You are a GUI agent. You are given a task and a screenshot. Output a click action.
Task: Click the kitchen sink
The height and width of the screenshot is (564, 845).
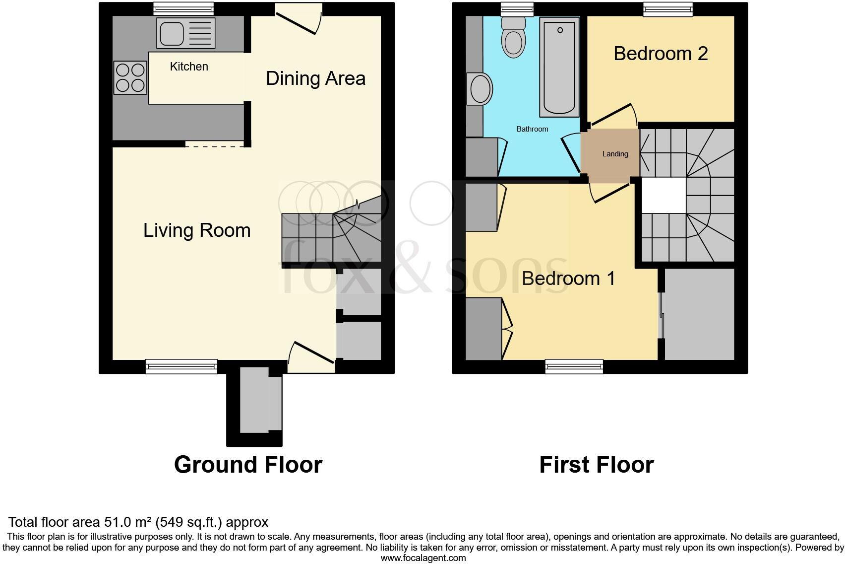[x=185, y=33]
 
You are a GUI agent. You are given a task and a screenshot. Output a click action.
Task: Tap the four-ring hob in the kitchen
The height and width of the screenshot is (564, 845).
[x=130, y=77]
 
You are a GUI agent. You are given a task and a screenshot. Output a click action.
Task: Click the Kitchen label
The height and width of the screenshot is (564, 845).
[x=189, y=67]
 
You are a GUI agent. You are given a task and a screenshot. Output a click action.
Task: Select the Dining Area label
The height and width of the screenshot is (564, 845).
[x=315, y=78]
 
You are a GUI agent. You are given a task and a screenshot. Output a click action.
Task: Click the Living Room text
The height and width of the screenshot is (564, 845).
[x=197, y=230]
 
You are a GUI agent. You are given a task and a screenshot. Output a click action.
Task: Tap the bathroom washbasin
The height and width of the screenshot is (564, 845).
[x=479, y=89]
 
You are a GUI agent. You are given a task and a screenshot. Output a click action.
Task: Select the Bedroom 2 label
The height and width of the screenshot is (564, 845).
[x=660, y=54]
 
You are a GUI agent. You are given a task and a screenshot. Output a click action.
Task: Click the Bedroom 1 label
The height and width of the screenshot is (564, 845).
[x=568, y=279]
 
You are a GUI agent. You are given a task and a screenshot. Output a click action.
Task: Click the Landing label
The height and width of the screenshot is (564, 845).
[x=615, y=154]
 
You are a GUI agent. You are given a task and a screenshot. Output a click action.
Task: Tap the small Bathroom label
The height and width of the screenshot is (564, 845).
[x=532, y=129]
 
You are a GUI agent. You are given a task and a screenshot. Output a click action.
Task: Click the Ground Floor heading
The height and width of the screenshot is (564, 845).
[x=248, y=465]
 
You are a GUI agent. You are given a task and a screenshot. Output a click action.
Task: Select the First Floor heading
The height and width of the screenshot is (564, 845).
[x=596, y=465]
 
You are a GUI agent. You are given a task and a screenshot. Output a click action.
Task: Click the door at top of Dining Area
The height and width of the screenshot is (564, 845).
[x=298, y=20]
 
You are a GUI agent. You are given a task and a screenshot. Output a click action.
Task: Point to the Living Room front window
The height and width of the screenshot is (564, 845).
[x=181, y=366]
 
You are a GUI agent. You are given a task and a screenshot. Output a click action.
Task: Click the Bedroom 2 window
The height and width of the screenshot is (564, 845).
[x=668, y=8]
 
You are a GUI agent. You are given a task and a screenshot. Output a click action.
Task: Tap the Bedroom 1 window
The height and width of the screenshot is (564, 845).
[x=574, y=366]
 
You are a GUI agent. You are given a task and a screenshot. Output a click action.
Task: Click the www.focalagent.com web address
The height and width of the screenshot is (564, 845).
[x=423, y=558]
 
